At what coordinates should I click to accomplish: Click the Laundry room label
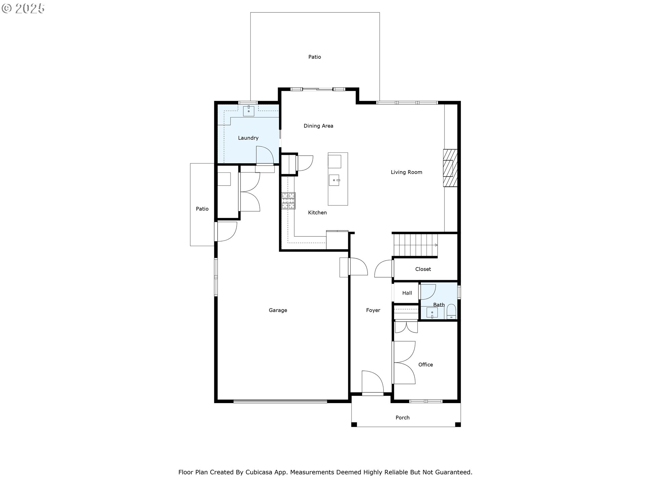click(x=248, y=138)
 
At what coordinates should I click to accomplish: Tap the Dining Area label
click(x=318, y=126)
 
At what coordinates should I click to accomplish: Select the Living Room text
click(x=407, y=172)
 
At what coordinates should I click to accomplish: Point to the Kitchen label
click(x=317, y=213)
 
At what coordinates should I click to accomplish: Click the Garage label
click(x=278, y=310)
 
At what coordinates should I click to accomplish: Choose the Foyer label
click(x=373, y=310)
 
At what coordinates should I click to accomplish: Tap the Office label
click(x=426, y=364)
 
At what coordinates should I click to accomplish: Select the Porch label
click(x=402, y=417)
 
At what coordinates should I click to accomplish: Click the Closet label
click(x=423, y=269)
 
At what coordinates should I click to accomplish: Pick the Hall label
click(x=407, y=293)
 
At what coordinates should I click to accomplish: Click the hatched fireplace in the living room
click(x=450, y=168)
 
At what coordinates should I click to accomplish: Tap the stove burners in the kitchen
click(x=288, y=201)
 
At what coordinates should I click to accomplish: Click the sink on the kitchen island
click(x=334, y=180)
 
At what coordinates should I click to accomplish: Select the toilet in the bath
click(x=451, y=311)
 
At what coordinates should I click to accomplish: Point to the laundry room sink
click(x=249, y=111)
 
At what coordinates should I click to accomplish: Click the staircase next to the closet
click(x=415, y=245)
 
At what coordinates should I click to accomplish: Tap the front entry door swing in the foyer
click(x=373, y=382)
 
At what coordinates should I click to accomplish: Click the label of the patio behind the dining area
click(x=315, y=57)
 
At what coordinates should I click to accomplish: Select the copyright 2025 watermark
click(x=23, y=8)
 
